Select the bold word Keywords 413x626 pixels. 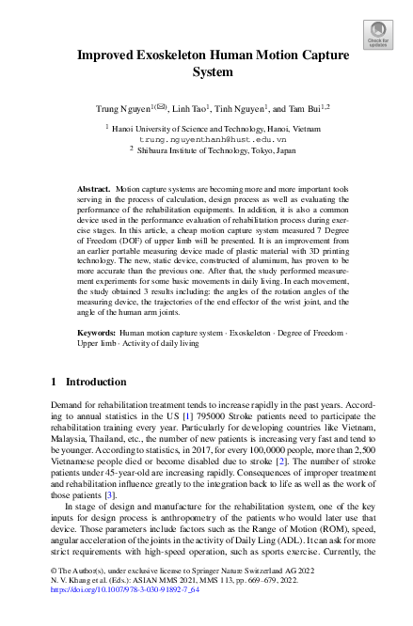97,333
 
